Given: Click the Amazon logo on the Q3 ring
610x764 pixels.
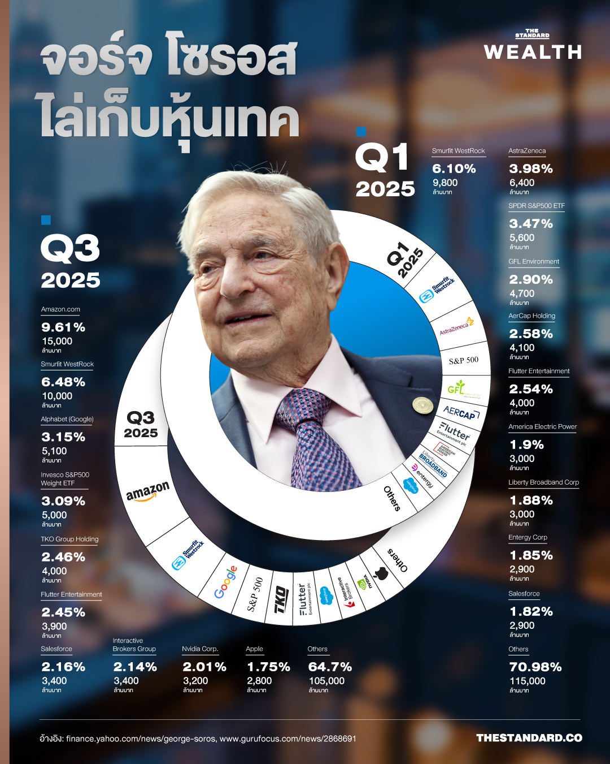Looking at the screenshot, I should coord(147,491).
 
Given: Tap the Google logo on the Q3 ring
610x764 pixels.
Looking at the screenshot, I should coord(225,582).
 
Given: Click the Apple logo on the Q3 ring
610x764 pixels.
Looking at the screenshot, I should coord(381,573).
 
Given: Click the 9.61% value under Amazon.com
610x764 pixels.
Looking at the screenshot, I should coord(63,327).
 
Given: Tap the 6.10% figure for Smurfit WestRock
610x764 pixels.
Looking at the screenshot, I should coord(454,169).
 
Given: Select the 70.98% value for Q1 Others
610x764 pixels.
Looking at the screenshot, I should coord(535,667).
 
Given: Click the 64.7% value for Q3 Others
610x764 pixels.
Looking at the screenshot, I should coord(330,667).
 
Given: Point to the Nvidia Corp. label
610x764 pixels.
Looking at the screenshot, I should coord(200,649).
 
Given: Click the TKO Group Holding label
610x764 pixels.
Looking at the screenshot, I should coord(69,539).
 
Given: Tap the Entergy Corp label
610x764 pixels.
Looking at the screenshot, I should coord(528,538).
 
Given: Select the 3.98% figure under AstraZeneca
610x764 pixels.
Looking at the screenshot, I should coord(531,169).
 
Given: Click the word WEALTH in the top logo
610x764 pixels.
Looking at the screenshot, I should coord(533,52).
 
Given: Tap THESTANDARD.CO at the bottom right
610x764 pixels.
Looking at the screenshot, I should coord(529,738).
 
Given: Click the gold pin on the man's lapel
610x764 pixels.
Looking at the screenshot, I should coord(422,405).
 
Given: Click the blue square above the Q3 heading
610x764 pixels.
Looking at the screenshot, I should coord(46,220).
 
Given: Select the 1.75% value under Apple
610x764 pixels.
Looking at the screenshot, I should coord(269,667).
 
